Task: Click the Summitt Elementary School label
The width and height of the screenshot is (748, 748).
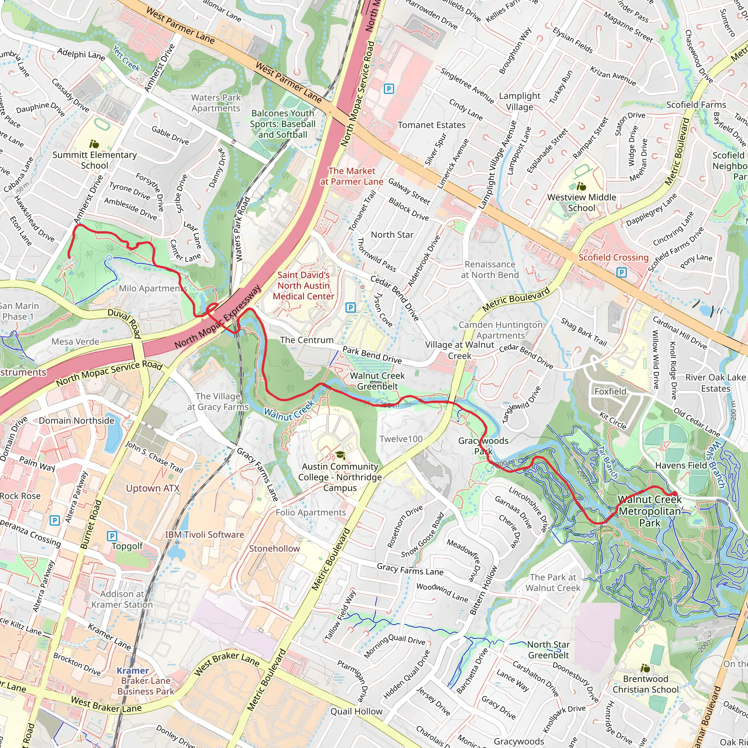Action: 95,160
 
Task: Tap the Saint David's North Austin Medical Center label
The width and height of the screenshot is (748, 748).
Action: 304,285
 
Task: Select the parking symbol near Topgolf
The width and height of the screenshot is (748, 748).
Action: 112,536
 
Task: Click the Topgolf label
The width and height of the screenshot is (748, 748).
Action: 127,546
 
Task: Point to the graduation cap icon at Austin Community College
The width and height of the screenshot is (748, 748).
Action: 340,455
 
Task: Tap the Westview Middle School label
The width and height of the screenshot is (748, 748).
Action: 581,202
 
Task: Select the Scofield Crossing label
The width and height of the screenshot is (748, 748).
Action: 613,257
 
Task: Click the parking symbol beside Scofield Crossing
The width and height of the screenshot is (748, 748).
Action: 621,272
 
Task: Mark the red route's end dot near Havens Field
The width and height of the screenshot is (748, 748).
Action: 675,493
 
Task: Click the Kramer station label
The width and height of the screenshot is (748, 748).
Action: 133,671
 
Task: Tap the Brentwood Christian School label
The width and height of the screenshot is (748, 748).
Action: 645,684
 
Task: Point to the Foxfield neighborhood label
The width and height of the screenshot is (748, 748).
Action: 610,391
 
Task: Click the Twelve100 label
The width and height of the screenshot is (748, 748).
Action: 401,439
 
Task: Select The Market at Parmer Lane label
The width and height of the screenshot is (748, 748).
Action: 352,176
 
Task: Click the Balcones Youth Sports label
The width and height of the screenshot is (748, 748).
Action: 283,124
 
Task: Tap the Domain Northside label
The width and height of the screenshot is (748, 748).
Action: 76,420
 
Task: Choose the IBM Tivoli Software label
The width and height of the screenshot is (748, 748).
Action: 205,534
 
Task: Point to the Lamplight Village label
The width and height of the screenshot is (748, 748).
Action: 520,101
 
